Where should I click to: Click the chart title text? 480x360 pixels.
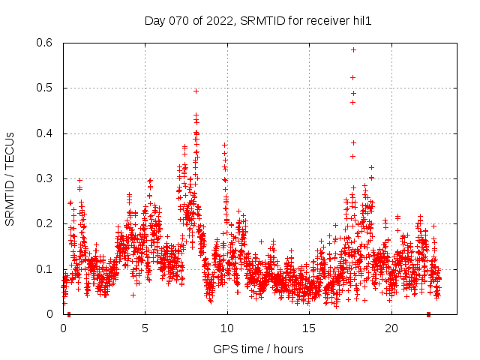tap(258, 21)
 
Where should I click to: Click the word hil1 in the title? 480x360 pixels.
tap(361, 21)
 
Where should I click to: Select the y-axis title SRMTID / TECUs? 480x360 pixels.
tap(10, 179)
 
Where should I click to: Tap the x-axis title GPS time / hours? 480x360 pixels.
tap(258, 349)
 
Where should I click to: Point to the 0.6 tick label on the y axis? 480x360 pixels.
tap(45, 43)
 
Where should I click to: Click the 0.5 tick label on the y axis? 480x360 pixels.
tap(45, 88)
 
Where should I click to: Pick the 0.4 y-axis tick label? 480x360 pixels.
tap(45, 133)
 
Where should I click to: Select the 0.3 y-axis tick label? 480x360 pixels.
tap(45, 178)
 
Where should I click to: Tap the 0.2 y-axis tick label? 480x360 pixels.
tap(45, 223)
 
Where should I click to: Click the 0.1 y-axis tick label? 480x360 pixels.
tap(45, 268)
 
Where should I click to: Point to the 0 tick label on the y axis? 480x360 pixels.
tap(50, 314)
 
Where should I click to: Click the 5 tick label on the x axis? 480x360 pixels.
tap(145, 328)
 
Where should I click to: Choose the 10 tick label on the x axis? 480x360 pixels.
tap(227, 328)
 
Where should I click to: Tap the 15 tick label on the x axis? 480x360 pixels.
tap(309, 328)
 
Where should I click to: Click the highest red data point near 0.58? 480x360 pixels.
tap(353, 49)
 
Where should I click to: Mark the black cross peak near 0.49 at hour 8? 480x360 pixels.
tap(196, 91)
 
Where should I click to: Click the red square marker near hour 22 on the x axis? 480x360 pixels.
tap(428, 314)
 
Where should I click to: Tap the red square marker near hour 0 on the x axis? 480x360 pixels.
tap(69, 314)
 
